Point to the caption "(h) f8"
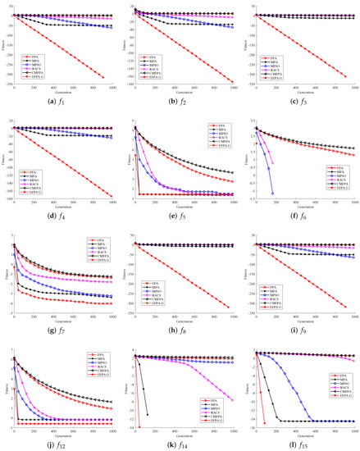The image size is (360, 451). pyautogui.click(x=181, y=330)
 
